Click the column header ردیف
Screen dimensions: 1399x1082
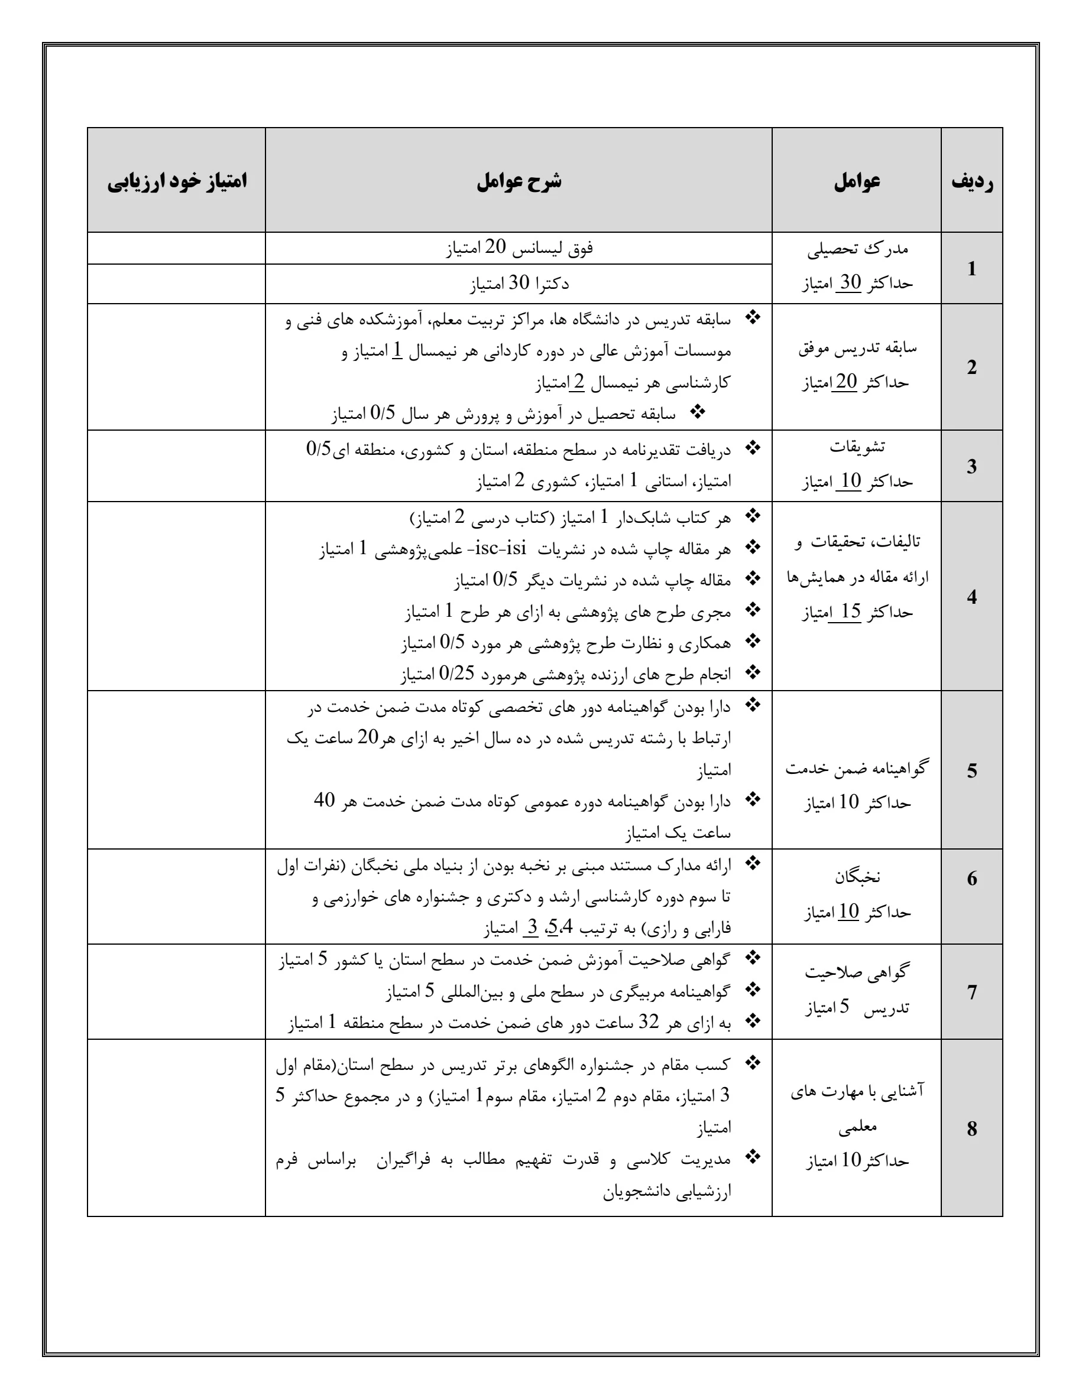click(972, 181)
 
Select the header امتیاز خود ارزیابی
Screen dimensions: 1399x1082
click(177, 181)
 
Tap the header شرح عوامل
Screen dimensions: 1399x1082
click(519, 181)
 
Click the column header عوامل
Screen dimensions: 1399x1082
click(856, 181)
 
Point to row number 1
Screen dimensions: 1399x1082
click(972, 268)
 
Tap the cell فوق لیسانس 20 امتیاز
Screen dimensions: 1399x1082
click(519, 248)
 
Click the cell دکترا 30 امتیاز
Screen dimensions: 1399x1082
click(519, 283)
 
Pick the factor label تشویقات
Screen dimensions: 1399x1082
click(857, 447)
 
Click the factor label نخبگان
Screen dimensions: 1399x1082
click(857, 877)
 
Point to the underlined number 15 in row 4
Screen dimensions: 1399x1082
click(850, 611)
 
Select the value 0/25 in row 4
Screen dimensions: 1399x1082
click(456, 674)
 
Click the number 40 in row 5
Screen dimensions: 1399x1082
click(325, 800)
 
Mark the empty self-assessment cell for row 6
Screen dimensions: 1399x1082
click(177, 896)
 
